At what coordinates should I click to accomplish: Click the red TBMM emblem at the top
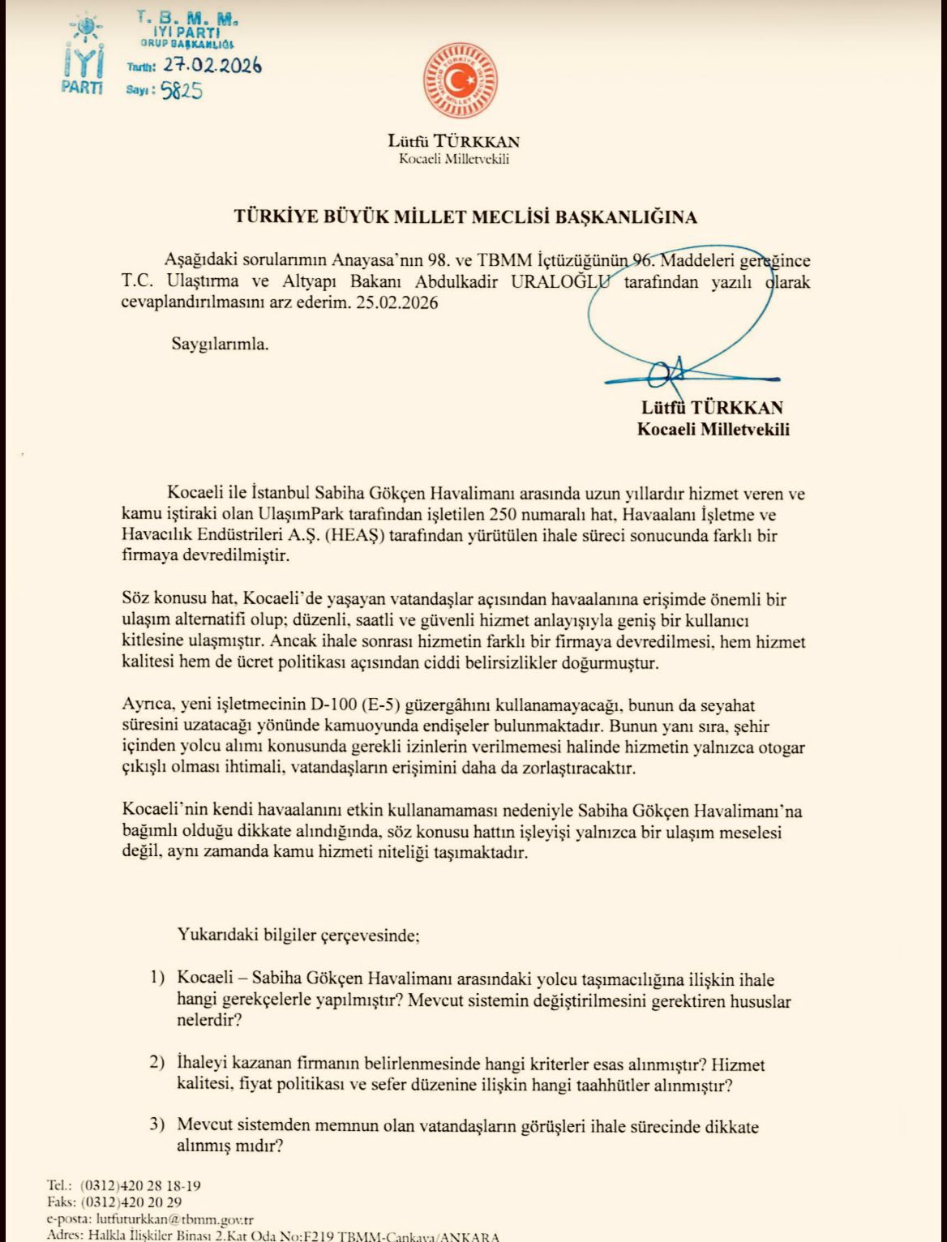pyautogui.click(x=460, y=81)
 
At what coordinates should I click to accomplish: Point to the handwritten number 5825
pyautogui.click(x=181, y=91)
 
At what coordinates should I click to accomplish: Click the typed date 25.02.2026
pyautogui.click(x=401, y=303)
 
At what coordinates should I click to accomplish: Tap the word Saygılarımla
pyautogui.click(x=220, y=344)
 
